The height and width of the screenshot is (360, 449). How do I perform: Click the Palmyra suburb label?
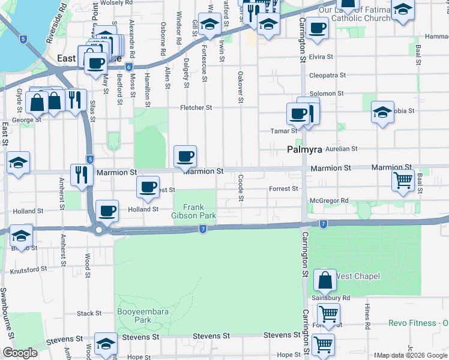(x=305, y=149)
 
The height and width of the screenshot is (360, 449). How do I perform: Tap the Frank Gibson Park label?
(x=193, y=211)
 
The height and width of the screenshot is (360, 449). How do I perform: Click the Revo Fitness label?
(x=420, y=323)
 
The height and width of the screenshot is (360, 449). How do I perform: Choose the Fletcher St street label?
(x=197, y=108)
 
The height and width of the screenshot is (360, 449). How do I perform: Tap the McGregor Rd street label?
(x=329, y=200)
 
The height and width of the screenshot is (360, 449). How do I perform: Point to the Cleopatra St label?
(x=327, y=76)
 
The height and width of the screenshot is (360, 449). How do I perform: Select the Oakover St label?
(x=240, y=86)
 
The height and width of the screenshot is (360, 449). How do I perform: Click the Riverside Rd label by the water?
(x=55, y=27)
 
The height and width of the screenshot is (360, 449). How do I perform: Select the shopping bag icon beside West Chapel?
(x=325, y=280)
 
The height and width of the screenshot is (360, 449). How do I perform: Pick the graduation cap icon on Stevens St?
(x=106, y=343)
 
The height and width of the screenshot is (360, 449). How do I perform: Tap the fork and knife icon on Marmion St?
(x=80, y=174)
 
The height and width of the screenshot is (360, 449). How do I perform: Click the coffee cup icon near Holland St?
(x=107, y=210)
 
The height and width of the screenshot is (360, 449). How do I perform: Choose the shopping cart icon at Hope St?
(x=323, y=345)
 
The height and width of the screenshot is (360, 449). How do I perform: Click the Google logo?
(x=20, y=353)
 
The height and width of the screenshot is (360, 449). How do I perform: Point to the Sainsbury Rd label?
(x=330, y=298)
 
